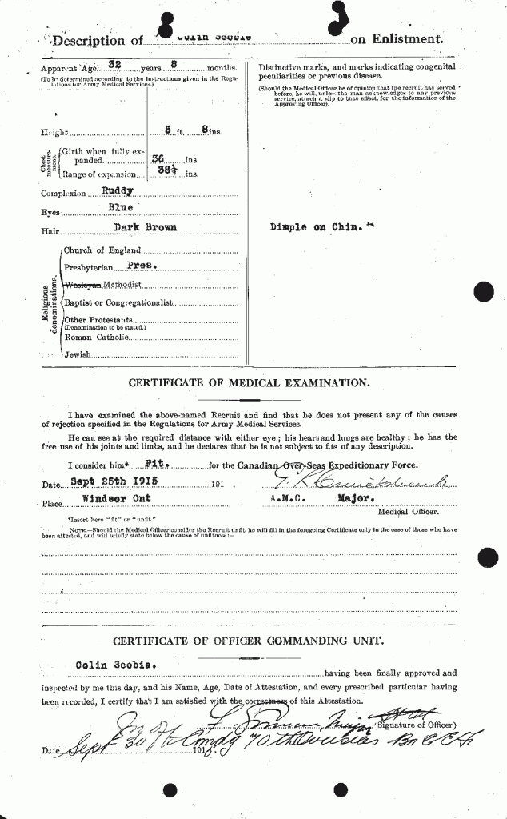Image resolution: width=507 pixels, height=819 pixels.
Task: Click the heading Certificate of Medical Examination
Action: [249, 383]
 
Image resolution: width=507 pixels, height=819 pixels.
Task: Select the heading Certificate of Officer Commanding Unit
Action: [249, 641]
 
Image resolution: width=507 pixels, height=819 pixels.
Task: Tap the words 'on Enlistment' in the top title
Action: [396, 38]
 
